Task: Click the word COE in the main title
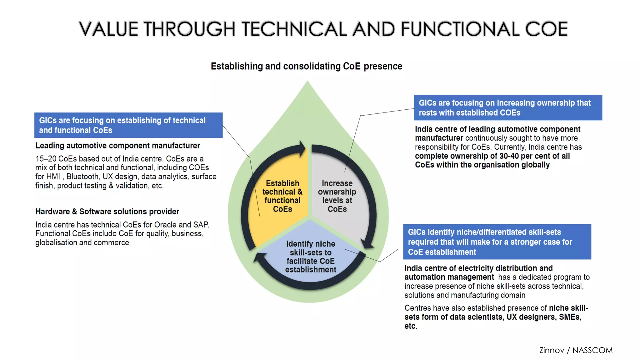coord(546,29)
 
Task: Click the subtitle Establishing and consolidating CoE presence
coord(306,66)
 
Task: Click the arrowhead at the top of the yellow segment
coord(302,148)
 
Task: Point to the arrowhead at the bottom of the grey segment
coord(367,244)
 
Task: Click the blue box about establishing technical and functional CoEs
coord(128,125)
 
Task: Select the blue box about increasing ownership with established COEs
coord(508,107)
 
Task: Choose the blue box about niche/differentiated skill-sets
coord(497,242)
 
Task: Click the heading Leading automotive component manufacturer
coord(117,146)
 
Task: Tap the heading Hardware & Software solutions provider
coord(107,212)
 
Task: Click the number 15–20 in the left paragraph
coord(46,159)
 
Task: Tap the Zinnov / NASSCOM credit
coord(576,350)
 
